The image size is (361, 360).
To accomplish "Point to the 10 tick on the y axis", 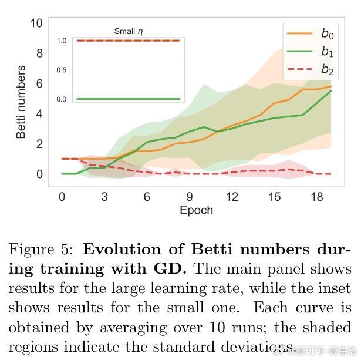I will click(x=36, y=23).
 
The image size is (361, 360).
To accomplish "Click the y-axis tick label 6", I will click(x=39, y=84).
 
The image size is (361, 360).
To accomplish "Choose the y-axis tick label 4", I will click(x=39, y=114).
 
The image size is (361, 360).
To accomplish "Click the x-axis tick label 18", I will click(x=317, y=197).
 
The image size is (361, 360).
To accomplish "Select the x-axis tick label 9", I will click(x=189, y=197).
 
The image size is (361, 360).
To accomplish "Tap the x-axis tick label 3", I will click(x=104, y=197).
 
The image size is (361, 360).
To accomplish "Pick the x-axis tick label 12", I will click(x=231, y=197).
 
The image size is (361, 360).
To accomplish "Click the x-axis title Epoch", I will click(x=196, y=210).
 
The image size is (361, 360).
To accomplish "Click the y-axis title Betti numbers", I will click(x=21, y=102).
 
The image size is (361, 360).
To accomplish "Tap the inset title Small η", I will click(x=128, y=31).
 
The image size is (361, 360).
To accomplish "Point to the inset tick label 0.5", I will click(x=62, y=70).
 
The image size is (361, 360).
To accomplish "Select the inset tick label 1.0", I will click(x=62, y=41).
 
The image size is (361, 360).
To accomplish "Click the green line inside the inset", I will click(x=128, y=99).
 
